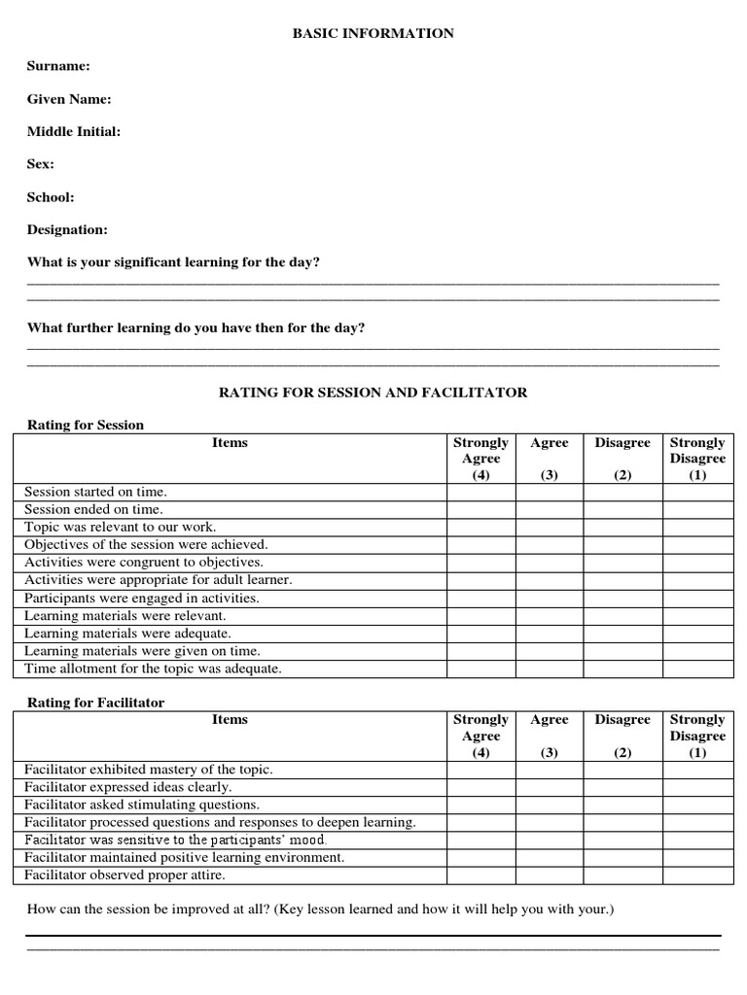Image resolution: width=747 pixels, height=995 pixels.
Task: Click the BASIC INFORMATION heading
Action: coord(373,33)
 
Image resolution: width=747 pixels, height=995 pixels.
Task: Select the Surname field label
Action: coord(58,66)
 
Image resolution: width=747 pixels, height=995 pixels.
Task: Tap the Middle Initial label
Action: coord(74,131)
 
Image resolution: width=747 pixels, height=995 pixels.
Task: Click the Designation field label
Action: coord(67,230)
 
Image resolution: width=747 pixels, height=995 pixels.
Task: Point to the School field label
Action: coord(51,197)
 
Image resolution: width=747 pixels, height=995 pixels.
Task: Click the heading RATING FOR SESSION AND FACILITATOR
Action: coord(373,393)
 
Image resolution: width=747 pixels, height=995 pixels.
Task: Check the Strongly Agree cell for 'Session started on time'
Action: coord(480,493)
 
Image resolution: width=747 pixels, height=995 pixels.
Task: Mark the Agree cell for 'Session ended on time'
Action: coord(549,510)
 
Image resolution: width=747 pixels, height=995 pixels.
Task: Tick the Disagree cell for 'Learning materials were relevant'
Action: coord(622,616)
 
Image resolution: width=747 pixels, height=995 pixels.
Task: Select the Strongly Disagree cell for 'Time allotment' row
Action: coord(697,669)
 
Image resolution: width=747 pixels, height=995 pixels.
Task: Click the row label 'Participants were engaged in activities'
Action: coord(142,598)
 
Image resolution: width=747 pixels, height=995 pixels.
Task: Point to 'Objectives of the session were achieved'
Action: coord(146,545)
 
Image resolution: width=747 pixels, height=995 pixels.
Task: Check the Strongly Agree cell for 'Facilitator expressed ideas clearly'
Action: coord(480,787)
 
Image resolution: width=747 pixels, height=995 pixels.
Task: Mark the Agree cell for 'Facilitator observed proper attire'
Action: coord(549,875)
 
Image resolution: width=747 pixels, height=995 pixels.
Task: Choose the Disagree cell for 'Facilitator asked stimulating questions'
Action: coord(622,805)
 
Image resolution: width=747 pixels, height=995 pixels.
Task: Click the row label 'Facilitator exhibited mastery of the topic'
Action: coord(149,770)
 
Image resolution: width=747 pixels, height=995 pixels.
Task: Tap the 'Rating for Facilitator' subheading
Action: coord(96,702)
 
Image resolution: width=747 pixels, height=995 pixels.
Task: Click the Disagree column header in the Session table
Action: coord(622,443)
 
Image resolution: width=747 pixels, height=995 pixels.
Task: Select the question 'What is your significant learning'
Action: coord(173,262)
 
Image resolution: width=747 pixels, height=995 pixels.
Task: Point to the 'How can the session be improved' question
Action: coord(320,909)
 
